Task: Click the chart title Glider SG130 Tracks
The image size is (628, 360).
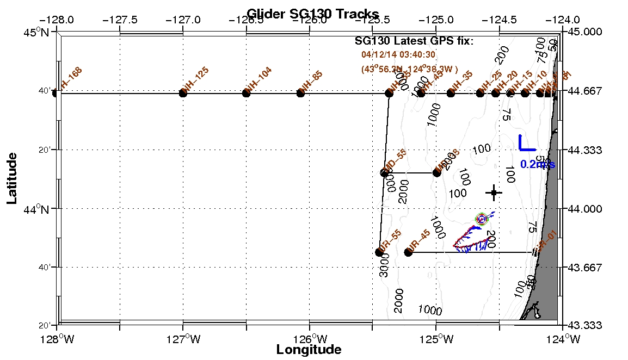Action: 313,13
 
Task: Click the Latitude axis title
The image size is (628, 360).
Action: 11,178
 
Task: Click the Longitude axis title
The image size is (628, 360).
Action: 309,349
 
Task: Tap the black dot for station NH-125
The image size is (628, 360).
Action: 183,93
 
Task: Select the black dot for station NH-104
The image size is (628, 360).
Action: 246,93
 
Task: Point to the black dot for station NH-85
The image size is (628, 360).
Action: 300,93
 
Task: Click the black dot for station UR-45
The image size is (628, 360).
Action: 409,252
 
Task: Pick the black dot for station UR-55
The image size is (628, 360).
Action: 379,252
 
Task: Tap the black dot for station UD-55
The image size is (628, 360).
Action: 384,173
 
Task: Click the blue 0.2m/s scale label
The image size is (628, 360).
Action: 537,164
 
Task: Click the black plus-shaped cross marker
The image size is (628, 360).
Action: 494,192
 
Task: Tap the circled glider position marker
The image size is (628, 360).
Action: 482,219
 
